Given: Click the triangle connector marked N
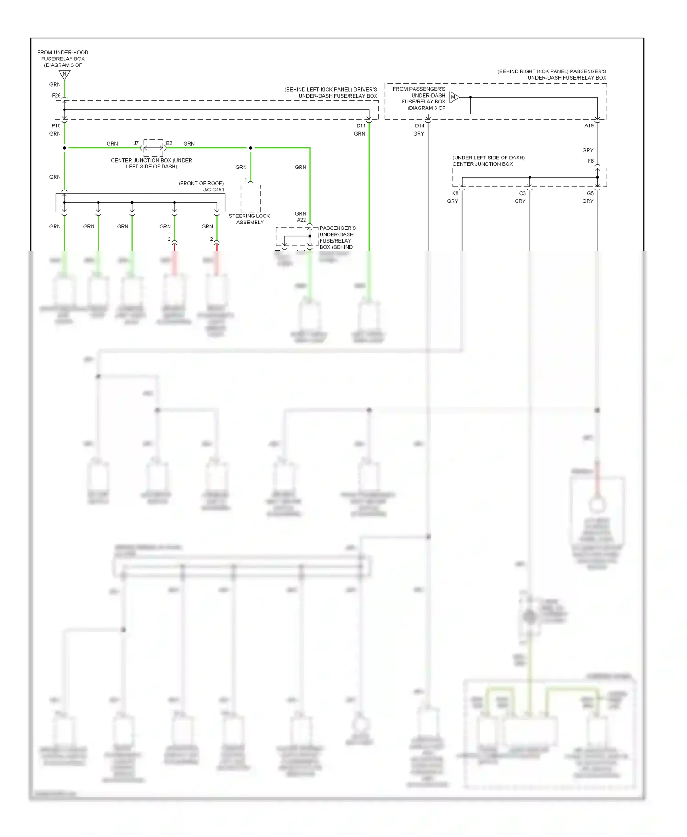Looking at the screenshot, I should click(x=65, y=74).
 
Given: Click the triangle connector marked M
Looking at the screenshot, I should click(x=454, y=97).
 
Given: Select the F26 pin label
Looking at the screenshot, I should click(x=56, y=96).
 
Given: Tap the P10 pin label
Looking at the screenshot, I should click(x=56, y=125).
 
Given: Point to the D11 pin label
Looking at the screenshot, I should click(x=361, y=125).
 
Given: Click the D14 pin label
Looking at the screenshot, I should click(x=420, y=125).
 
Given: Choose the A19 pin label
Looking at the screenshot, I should click(x=589, y=125).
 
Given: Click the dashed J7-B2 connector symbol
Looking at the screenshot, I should click(x=153, y=148).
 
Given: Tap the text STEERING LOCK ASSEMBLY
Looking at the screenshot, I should click(x=250, y=219).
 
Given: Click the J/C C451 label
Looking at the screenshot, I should click(x=213, y=190).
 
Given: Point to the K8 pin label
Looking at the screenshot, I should click(x=455, y=193).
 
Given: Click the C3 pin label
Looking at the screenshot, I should click(x=522, y=193).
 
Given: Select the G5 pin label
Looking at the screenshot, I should click(x=590, y=193).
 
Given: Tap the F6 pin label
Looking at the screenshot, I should click(x=590, y=161).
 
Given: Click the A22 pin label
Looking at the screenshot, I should click(x=301, y=220).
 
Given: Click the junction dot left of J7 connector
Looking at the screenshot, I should click(x=65, y=148).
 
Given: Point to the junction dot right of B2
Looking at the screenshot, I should click(x=251, y=148).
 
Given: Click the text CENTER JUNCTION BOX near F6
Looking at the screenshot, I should click(x=483, y=164).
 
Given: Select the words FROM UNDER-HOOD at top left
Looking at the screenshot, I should click(x=63, y=53).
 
